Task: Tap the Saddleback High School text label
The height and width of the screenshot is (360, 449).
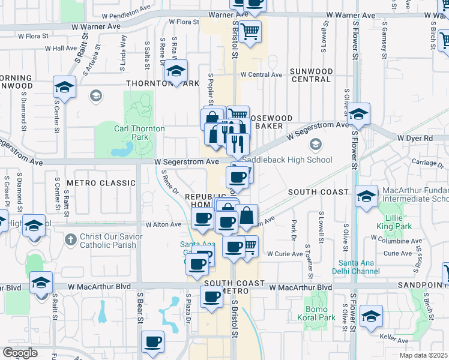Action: [x=286, y=160]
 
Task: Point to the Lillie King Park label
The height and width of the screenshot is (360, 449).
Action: [x=394, y=222]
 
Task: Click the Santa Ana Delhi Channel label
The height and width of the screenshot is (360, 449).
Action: [x=360, y=267]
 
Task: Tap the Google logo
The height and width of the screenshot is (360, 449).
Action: [x=20, y=353]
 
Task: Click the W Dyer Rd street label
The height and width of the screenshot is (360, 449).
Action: [x=415, y=138]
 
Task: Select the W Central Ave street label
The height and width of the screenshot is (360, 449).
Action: [x=261, y=75]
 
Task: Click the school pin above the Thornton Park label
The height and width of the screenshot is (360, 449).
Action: [x=176, y=71]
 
